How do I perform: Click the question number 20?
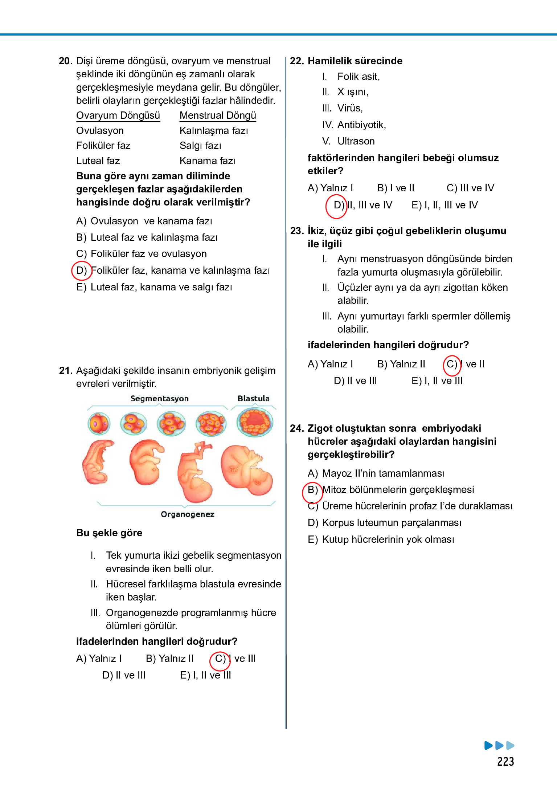(x=65, y=61)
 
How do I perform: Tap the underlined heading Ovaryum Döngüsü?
(x=118, y=115)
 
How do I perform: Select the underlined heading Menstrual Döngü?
(x=218, y=115)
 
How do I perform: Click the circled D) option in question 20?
(x=82, y=270)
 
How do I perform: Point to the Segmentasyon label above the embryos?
(x=159, y=399)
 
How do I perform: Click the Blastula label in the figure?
(x=253, y=398)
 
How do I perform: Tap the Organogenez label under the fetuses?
(x=187, y=514)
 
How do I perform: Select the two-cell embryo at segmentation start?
(x=99, y=424)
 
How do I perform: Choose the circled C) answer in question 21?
(x=220, y=659)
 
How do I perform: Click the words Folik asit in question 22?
(x=358, y=77)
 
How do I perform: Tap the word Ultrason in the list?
(x=356, y=141)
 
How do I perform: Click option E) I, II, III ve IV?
(x=445, y=205)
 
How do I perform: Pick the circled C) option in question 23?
(x=452, y=364)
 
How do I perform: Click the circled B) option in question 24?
(x=312, y=490)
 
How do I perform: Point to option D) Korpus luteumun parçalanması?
(x=385, y=523)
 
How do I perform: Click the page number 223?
(x=505, y=761)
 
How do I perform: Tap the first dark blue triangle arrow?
(x=488, y=745)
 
